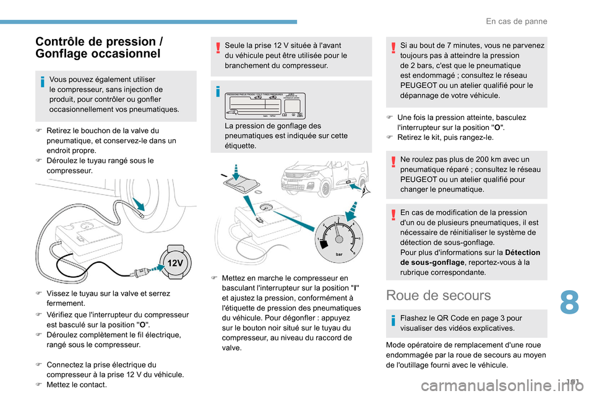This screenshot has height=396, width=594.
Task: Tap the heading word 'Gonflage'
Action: click(x=66, y=53)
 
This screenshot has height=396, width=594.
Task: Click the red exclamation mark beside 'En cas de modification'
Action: click(x=394, y=213)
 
